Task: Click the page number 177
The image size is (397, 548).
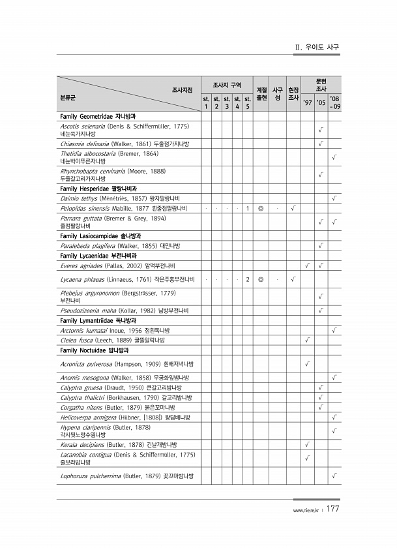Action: coord(332,509)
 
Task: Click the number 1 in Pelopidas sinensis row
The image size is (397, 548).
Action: coord(248,208)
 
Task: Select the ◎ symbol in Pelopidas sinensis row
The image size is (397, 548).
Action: coord(261,208)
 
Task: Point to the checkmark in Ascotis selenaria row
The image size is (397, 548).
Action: coord(320,130)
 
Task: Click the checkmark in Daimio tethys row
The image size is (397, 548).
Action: coord(334,198)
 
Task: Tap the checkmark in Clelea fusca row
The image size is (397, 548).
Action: coord(306,340)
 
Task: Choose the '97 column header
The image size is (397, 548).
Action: coord(306,102)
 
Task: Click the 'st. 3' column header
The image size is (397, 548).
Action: coord(227,102)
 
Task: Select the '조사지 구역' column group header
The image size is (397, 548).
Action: coord(227,85)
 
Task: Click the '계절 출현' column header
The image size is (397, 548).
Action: coord(261,93)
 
